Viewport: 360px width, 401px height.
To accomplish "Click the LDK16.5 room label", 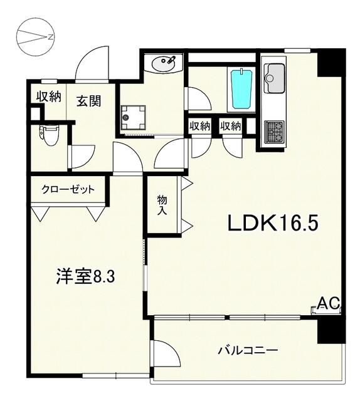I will click(x=272, y=223).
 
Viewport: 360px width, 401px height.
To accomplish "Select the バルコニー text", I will click(x=247, y=350).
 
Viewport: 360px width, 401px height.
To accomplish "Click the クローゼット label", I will click(x=68, y=189).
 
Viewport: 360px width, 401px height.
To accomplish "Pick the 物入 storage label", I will click(x=162, y=206).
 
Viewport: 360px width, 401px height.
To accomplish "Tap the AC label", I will click(x=328, y=304).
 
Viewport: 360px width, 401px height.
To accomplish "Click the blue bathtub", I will click(x=241, y=90).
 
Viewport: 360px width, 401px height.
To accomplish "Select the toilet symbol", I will click(x=48, y=135).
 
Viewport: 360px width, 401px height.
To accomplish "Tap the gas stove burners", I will click(x=274, y=132).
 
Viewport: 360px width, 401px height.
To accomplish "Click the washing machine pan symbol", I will click(x=133, y=117).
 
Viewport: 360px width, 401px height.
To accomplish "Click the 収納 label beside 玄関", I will click(x=47, y=96).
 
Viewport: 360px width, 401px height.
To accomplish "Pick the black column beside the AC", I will click(x=330, y=330).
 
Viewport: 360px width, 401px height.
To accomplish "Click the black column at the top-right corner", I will click(x=331, y=63).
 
